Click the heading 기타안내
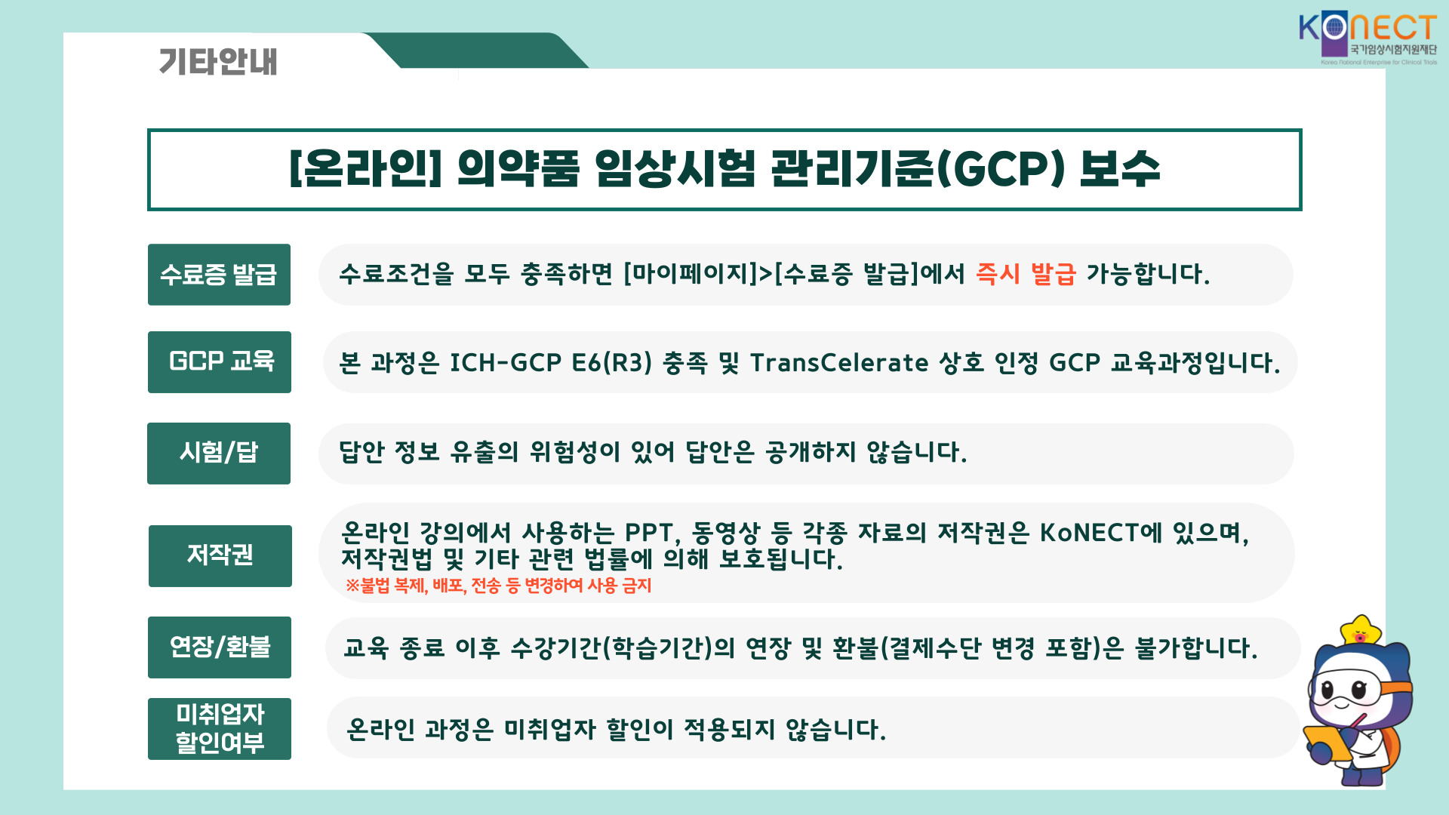coord(218,61)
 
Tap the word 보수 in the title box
coord(1119,168)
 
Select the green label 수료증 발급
coord(219,275)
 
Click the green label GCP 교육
coord(220,362)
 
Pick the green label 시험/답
coord(219,454)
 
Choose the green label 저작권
coord(220,556)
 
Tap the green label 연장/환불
coord(220,647)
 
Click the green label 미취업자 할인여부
coord(220,729)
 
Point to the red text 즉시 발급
coord(1026,273)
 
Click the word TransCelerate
coord(839,363)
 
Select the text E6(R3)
coord(612,363)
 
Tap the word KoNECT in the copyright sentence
coord(1090,533)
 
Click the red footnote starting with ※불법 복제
coord(498,586)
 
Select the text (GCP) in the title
coord(1000,169)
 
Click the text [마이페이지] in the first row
coord(691,274)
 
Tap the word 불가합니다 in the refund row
coord(1196,648)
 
